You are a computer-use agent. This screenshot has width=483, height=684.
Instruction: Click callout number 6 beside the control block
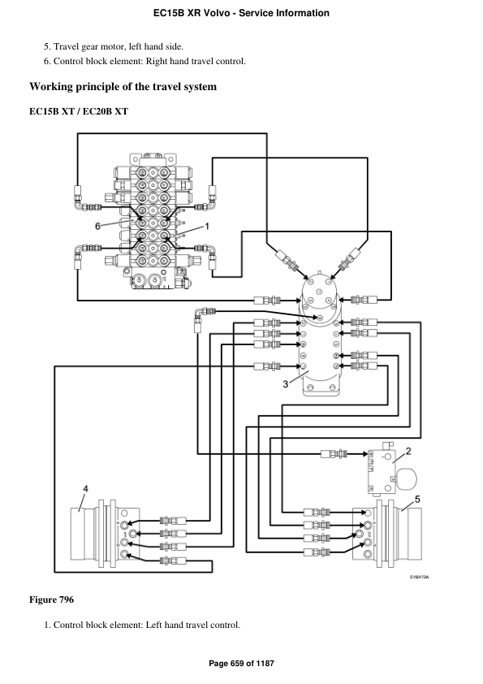tap(98, 226)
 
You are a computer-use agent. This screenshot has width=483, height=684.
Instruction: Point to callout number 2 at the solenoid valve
tap(408, 450)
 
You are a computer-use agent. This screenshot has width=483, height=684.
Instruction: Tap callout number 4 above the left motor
tap(85, 488)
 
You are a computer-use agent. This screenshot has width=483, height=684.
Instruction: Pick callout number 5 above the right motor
tap(418, 499)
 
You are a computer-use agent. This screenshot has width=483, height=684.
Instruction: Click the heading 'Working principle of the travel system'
tap(123, 87)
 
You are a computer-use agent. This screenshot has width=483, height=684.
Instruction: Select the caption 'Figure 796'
tap(51, 600)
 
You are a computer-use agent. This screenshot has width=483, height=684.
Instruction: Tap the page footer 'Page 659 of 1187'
tap(241, 664)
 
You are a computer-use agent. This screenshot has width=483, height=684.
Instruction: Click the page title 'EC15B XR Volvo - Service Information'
tap(241, 13)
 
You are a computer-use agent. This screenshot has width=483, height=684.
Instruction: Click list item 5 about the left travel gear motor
tap(118, 46)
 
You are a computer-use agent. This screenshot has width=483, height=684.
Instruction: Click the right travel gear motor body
tap(414, 537)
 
